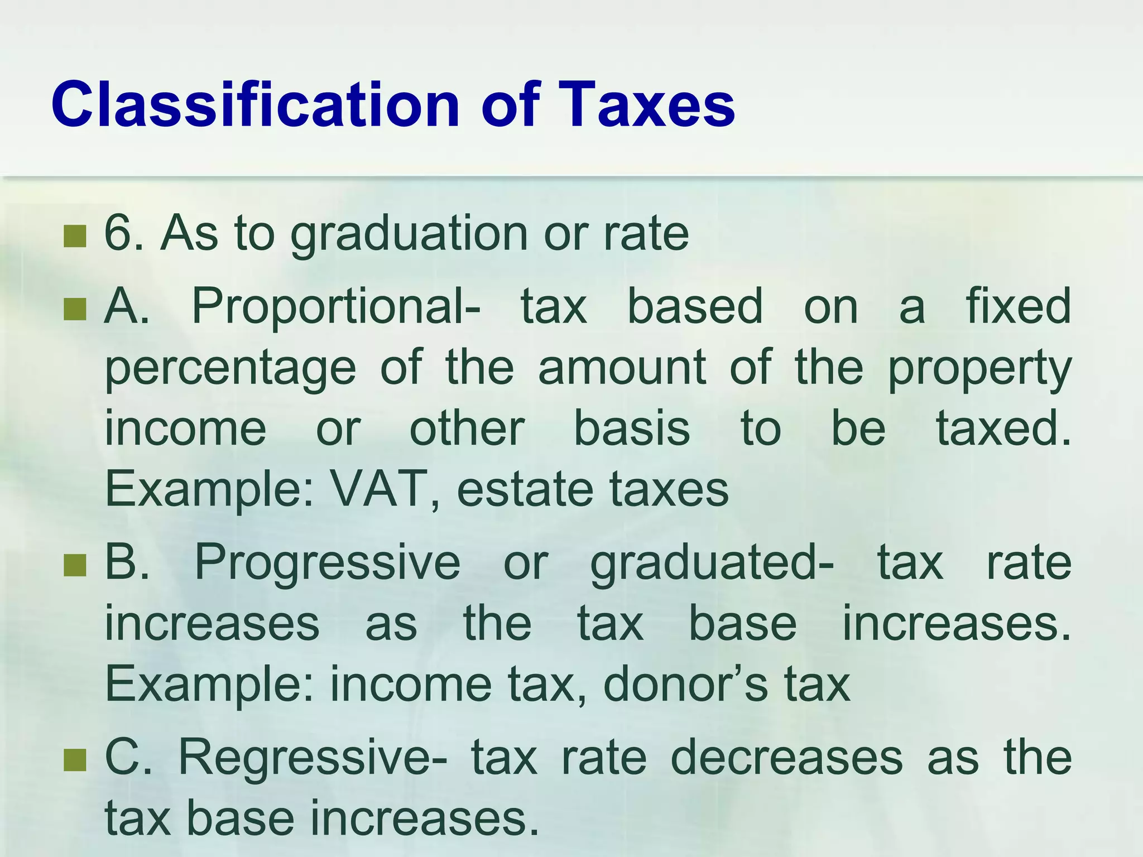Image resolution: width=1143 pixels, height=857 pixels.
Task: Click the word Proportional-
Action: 335,307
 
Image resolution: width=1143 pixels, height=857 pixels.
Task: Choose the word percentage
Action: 230,369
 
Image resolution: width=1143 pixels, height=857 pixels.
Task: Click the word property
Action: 979,369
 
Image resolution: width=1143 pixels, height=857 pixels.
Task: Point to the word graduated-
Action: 712,564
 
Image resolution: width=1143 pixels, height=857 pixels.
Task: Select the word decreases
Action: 786,757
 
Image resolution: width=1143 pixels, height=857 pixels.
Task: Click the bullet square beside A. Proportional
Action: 75,309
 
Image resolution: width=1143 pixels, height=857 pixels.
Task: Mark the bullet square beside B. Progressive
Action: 75,565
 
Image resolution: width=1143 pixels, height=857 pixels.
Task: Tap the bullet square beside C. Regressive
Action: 75,760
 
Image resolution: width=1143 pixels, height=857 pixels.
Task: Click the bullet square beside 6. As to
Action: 75,235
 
